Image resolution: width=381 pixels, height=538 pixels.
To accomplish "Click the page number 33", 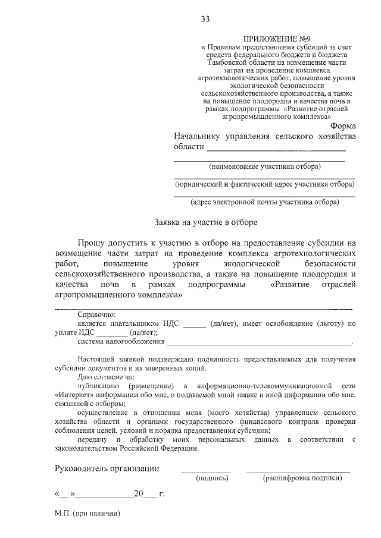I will pyautogui.click(x=205, y=20).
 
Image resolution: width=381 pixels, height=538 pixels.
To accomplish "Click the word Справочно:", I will pyautogui.click(x=96, y=314).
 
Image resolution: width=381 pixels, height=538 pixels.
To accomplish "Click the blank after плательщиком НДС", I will pyautogui.click(x=194, y=324).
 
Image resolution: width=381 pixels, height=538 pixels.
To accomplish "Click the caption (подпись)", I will pyautogui.click(x=213, y=477).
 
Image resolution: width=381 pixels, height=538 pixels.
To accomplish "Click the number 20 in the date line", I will pyautogui.click(x=139, y=494).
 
